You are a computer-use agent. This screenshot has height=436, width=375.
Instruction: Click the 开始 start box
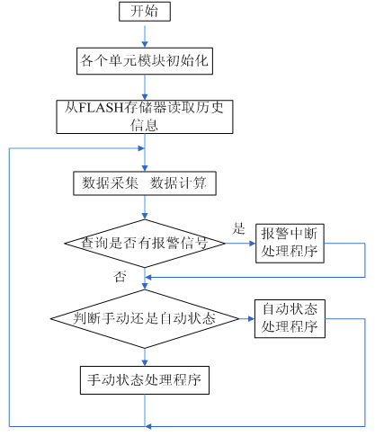145,12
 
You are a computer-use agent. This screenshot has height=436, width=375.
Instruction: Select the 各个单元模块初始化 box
145,61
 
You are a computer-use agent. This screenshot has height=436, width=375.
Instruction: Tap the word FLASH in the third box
103,108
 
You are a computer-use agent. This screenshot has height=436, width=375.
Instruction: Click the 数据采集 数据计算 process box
145,183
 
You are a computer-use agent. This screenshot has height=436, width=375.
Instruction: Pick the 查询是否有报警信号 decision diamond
145,244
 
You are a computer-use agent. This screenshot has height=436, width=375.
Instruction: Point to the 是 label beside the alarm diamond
238,228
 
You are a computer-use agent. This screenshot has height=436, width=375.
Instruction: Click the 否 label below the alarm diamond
120,276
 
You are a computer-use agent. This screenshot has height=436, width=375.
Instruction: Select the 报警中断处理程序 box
290,244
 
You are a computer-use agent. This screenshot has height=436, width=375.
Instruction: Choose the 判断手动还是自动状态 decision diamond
145,318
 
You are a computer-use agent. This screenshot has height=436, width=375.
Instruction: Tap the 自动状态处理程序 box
290,318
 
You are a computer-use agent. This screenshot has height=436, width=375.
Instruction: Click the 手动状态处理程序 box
145,380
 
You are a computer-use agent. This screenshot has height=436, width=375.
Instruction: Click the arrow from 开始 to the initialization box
145,37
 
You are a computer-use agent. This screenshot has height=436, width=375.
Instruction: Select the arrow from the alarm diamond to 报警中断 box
240,244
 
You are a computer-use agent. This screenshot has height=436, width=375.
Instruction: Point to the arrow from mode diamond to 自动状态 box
247,318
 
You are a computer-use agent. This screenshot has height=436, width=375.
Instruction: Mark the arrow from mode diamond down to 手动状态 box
145,357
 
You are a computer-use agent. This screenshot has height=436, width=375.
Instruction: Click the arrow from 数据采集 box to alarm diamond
145,208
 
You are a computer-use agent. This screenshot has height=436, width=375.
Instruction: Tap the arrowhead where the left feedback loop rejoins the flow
141,148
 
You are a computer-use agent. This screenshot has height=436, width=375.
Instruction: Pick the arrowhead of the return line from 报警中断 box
148,277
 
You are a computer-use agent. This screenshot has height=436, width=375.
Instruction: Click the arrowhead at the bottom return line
148,426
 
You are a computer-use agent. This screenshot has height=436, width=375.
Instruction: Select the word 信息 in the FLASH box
144,125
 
